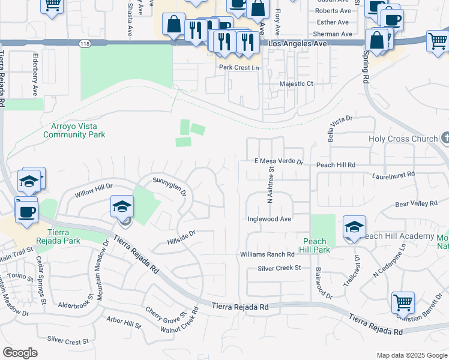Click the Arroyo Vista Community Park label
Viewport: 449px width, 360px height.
[74, 130]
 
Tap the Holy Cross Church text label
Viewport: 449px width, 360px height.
[403, 139]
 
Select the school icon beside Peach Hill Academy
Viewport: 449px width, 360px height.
[354, 228]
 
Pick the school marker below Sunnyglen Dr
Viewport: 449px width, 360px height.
[122, 207]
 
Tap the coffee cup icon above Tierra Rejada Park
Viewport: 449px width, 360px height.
[26, 211]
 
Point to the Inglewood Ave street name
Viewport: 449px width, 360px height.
[270, 219]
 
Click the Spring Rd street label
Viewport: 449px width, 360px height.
[365, 67]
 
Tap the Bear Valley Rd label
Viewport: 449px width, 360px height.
[417, 204]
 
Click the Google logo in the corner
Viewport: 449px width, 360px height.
[20, 353]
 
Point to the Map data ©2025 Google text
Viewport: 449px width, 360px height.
[411, 355]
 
